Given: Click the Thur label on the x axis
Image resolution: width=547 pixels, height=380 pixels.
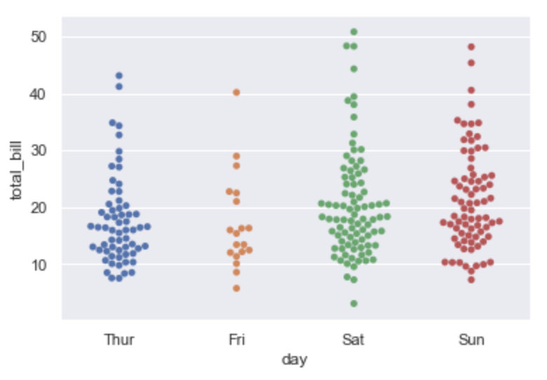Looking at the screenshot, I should (x=119, y=340).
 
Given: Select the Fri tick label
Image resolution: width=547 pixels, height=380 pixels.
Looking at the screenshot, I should (x=236, y=340).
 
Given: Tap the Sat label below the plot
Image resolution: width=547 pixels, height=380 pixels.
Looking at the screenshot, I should (x=353, y=340).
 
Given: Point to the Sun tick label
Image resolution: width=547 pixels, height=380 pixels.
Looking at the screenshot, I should (x=471, y=340).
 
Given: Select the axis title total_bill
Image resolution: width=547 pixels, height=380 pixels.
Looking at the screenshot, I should (x=15, y=170).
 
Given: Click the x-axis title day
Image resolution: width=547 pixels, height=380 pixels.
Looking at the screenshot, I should (x=295, y=360).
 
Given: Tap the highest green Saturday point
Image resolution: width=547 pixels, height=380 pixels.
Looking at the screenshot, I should (x=354, y=32).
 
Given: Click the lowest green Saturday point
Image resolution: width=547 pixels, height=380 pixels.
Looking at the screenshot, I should (x=354, y=304).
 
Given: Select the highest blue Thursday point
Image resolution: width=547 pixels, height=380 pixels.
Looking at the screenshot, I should (x=119, y=75).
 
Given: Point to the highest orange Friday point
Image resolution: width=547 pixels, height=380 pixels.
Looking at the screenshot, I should (x=236, y=92).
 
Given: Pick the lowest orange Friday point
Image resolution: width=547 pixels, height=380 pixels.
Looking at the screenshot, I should (x=236, y=288).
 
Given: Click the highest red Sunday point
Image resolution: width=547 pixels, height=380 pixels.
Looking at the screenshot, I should (x=471, y=47).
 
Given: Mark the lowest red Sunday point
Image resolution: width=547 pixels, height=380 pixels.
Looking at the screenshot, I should (x=471, y=280).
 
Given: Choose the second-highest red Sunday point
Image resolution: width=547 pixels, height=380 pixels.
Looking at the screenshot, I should (x=471, y=63).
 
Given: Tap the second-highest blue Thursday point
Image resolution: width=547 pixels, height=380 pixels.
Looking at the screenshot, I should (x=119, y=86).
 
